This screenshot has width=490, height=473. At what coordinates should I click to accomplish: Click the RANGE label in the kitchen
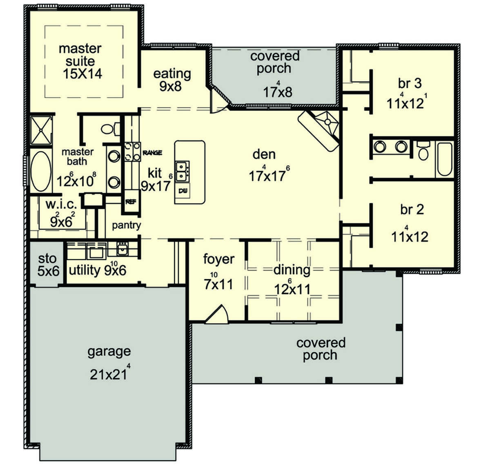click(x=152, y=153)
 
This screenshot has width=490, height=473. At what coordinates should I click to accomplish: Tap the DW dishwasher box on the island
click(x=183, y=191)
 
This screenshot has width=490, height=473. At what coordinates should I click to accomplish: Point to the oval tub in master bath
click(x=41, y=171)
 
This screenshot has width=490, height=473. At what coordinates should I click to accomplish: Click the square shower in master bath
click(x=41, y=130)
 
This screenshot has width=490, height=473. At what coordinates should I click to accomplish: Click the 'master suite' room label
click(x=80, y=55)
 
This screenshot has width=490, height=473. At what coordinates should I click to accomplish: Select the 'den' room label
click(x=264, y=154)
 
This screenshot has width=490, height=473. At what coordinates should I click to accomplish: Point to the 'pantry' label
click(x=126, y=225)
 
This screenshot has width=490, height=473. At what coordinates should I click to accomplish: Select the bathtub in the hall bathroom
click(x=445, y=159)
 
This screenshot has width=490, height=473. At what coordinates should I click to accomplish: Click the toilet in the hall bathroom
click(x=423, y=150)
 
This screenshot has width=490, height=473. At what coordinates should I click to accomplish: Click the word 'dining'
click(x=292, y=270)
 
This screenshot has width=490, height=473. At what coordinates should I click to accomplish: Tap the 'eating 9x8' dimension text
click(x=170, y=86)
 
